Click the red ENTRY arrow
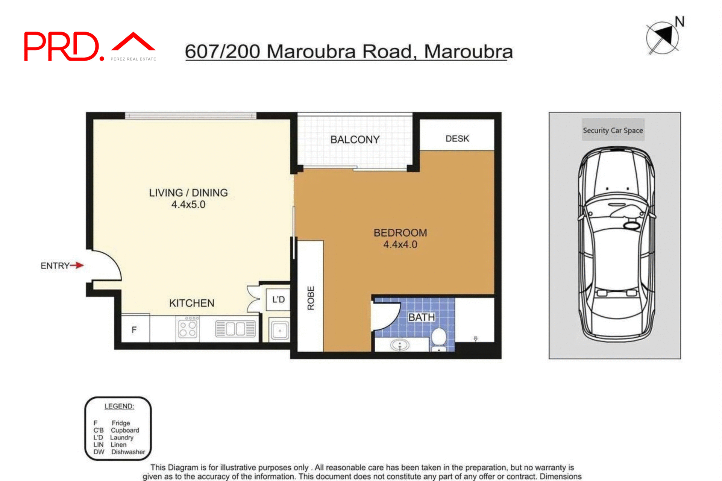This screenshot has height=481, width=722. point(77,266)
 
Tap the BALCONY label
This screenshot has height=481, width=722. point(355,140)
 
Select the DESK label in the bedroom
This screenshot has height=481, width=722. point(457,139)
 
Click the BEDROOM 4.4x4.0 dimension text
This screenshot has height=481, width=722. point(400,244)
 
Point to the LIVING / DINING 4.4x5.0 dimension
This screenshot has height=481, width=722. point(188,205)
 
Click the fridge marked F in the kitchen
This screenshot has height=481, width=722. point(134,330)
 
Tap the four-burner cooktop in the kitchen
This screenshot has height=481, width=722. point(188,328)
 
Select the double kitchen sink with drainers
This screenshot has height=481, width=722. point(235,329)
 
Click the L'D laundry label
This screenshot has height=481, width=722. point(278,299)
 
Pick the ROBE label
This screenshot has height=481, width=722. point(311,298)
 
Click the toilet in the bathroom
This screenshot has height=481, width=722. point(438,338)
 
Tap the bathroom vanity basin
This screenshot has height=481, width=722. point(399,344)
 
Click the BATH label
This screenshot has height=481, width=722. point(422,317)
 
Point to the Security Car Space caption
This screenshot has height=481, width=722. point(613,130)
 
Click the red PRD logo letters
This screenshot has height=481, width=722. point(62,47)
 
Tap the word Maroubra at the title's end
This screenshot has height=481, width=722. point(468,52)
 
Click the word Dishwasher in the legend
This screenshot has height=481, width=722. point(128,452)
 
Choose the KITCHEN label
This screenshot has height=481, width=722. point(191,303)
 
